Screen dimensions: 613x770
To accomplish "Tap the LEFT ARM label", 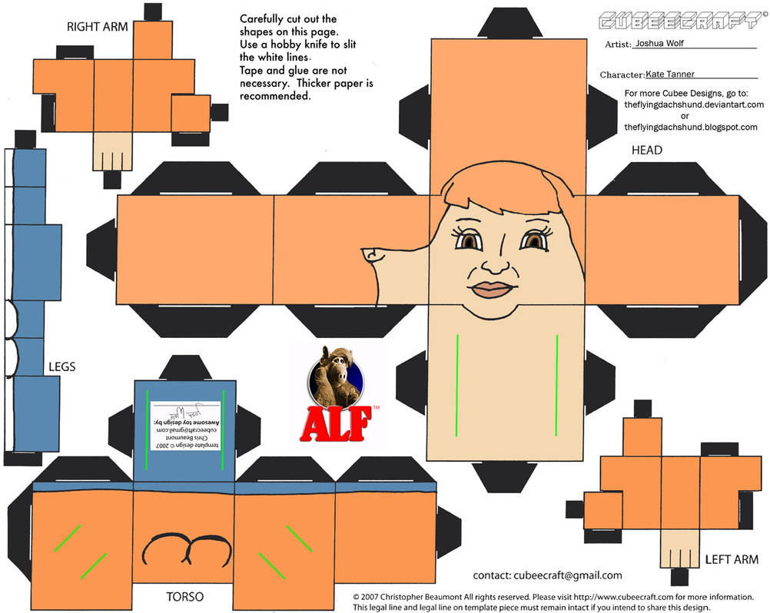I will pos(731,561).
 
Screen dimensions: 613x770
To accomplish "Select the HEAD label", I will pos(646,150).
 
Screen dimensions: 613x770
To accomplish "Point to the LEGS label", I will pos(61,366).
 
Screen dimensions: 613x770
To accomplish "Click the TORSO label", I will pos(184,595).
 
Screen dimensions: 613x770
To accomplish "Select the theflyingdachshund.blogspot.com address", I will pos(691,127).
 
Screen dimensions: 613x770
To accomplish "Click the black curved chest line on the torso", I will pos(188,547).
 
